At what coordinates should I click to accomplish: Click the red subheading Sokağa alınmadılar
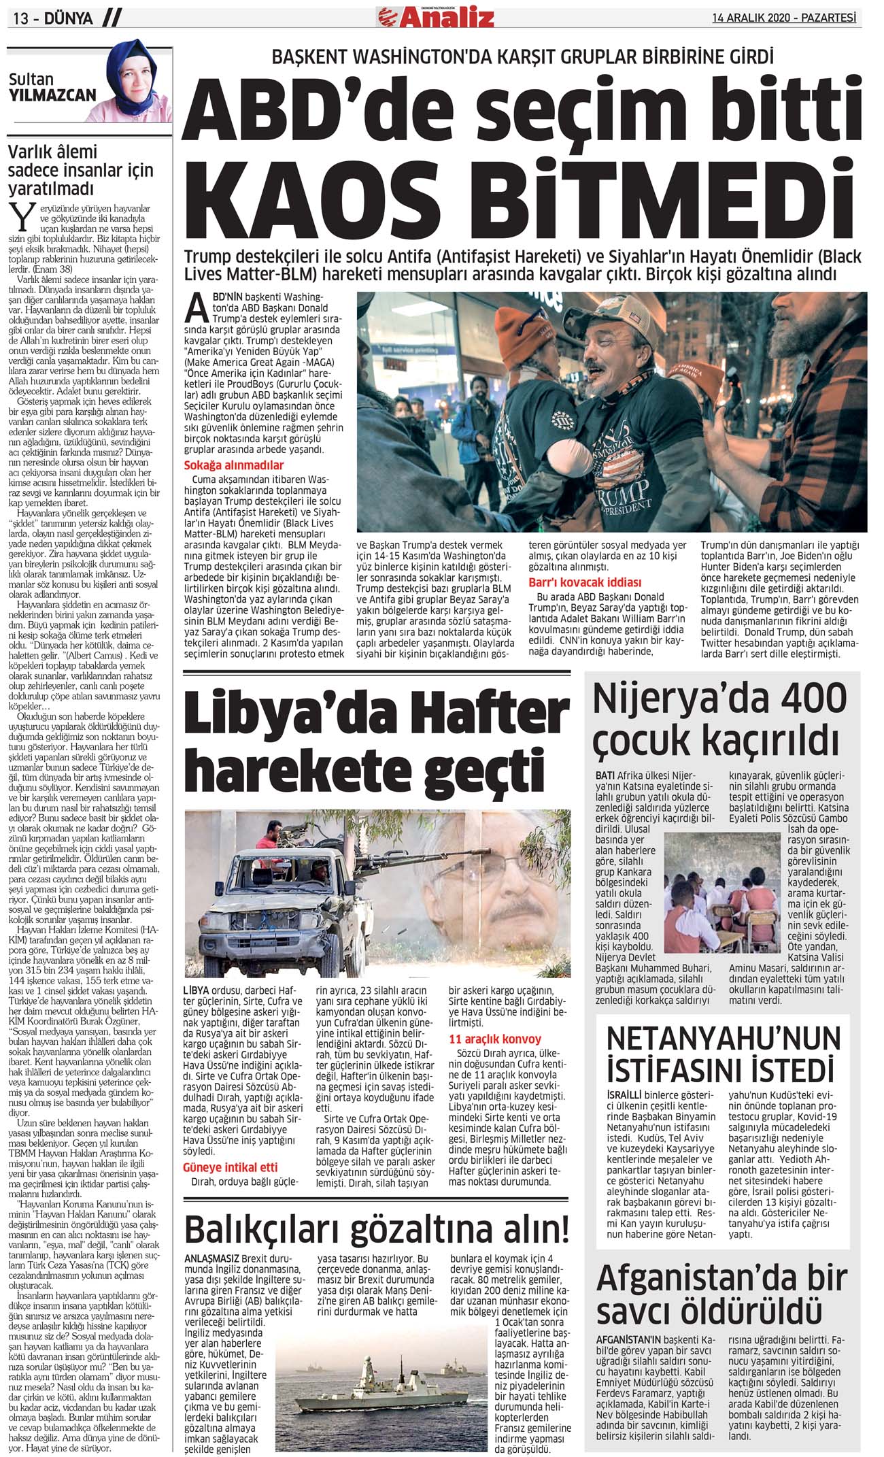pos(234,465)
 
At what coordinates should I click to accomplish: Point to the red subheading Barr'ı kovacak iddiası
pos(585,582)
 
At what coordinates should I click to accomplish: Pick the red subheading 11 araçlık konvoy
pos(495,1039)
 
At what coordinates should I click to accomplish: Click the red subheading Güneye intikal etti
pos(230,1167)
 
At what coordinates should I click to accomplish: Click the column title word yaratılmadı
pos(51,188)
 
